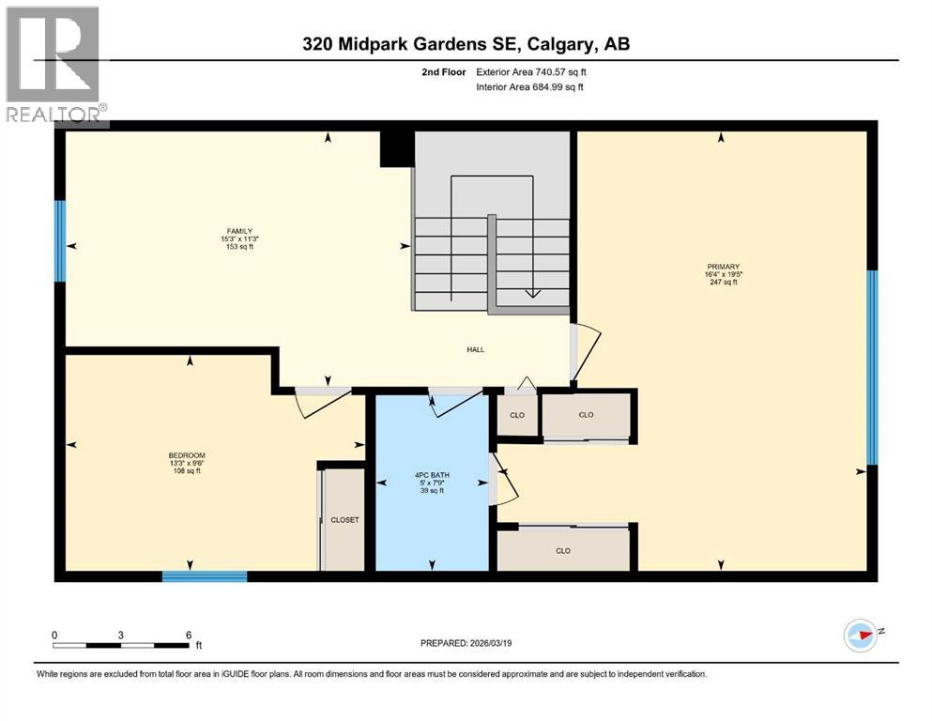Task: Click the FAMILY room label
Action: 238,231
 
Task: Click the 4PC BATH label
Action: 433,475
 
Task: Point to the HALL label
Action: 475,349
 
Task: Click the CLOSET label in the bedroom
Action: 344,519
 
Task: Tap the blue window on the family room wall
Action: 60,240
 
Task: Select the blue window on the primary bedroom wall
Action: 872,367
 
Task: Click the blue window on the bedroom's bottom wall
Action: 205,575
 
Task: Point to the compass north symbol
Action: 861,636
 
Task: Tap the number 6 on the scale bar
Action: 189,635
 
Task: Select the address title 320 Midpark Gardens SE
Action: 466,45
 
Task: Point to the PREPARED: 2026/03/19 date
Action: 467,643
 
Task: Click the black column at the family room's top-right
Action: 397,148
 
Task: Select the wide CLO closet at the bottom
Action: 563,550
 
